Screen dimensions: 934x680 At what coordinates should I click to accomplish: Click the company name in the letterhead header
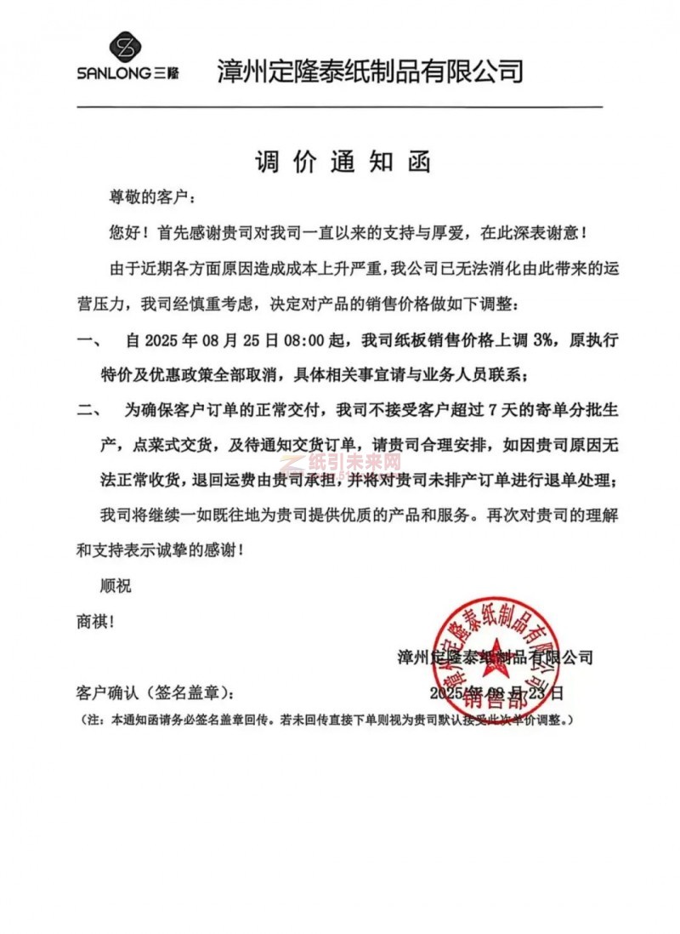pos(370,70)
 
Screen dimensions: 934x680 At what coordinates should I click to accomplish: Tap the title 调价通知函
pos(343,162)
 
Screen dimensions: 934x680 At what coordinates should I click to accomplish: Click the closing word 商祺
pos(94,621)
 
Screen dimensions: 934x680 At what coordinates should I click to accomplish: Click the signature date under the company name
pos(496,692)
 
